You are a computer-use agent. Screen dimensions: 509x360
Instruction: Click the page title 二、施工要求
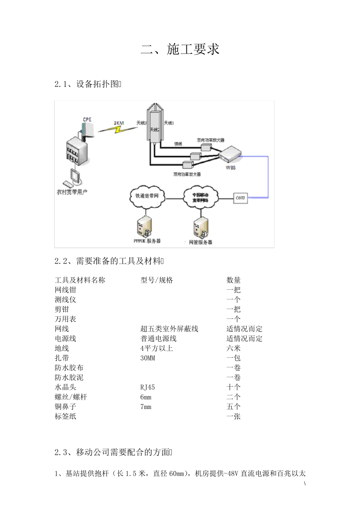pyautogui.click(x=180, y=50)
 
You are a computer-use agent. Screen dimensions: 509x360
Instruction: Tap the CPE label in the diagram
pyautogui.click(x=87, y=120)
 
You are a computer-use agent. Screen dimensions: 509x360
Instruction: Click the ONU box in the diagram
pyautogui.click(x=240, y=198)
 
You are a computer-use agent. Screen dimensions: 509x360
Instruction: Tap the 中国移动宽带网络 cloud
pyautogui.click(x=200, y=197)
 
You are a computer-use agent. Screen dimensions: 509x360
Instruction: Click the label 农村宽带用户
pyautogui.click(x=72, y=192)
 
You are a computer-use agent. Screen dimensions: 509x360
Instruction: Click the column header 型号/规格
pyautogui.click(x=157, y=280)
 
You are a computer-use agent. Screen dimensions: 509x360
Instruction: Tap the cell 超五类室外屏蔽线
pyautogui.click(x=169, y=329)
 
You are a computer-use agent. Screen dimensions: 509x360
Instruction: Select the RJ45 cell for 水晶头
pyautogui.click(x=147, y=387)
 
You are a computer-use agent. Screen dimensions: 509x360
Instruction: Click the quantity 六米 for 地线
pyautogui.click(x=233, y=348)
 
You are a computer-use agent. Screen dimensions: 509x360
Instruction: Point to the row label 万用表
pyautogui.click(x=65, y=319)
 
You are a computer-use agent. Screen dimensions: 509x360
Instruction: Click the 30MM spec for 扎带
pyautogui.click(x=147, y=358)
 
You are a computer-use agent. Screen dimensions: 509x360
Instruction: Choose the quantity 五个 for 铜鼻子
pyautogui.click(x=233, y=407)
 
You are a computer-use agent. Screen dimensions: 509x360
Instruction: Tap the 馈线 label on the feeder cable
pyautogui.click(x=178, y=144)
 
